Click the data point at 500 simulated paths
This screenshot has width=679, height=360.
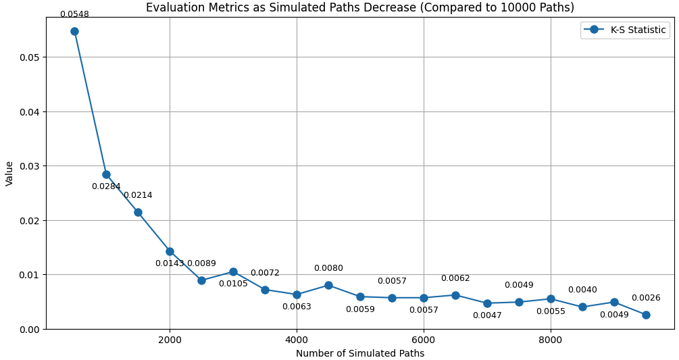pos(74,31)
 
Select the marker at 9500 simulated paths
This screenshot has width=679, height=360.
pos(646,315)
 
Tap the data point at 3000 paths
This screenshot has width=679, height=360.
pos(233,272)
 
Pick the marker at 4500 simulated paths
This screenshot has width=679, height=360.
pos(328,285)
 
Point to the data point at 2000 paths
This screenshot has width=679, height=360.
pos(170,251)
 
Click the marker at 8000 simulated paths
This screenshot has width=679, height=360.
pos(551,299)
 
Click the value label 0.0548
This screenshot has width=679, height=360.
pos(74,14)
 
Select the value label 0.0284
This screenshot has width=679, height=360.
pos(106,186)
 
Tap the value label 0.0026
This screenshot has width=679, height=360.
pos(646,298)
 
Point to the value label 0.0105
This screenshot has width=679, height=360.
pos(233,284)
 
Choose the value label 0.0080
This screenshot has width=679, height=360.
pos(328,268)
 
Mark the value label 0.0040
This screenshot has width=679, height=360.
pos(582,290)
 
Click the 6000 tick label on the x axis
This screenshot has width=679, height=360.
pos(424,340)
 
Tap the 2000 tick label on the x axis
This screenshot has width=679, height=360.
pos(170,340)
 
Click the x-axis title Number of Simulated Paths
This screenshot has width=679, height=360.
pos(360,353)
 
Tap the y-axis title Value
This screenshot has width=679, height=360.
pos(9,173)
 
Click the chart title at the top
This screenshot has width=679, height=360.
pos(360,7)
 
